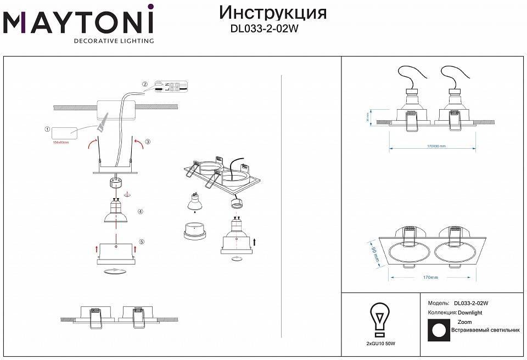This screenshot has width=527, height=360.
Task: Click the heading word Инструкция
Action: coord(272,12)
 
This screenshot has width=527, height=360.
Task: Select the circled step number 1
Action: coord(47,130)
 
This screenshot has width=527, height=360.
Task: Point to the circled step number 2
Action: coord(145,85)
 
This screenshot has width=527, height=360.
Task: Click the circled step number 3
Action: coord(148,142)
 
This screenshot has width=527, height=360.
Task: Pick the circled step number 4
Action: coord(141,211)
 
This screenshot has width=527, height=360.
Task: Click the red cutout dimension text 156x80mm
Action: coord(60,142)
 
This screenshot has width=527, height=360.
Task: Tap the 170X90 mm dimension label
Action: coord(436,147)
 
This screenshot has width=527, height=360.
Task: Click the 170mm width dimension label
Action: coord(430,278)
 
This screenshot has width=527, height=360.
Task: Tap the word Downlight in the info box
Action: coord(470,312)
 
